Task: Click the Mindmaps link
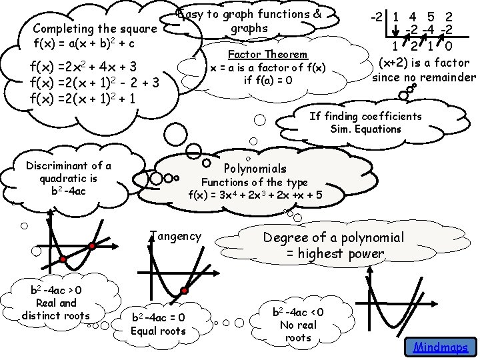pyautogui.click(x=440, y=347)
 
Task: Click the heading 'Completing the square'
pyautogui.click(x=95, y=29)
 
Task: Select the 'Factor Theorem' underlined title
pyautogui.click(x=267, y=54)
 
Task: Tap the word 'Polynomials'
pyautogui.click(x=255, y=169)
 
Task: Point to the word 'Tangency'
pyautogui.click(x=175, y=235)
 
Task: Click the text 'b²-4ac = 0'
pyautogui.click(x=159, y=317)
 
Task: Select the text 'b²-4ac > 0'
pyautogui.click(x=57, y=290)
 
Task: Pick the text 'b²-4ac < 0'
pyautogui.click(x=299, y=312)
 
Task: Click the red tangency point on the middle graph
pyautogui.click(x=184, y=291)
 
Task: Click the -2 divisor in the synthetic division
pyautogui.click(x=381, y=15)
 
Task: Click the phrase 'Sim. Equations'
pyautogui.click(x=365, y=129)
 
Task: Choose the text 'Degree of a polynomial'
pyautogui.click(x=333, y=237)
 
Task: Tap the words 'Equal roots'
pyautogui.click(x=158, y=331)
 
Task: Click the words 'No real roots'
pyautogui.click(x=298, y=331)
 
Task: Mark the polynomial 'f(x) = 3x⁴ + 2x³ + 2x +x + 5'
pyautogui.click(x=255, y=195)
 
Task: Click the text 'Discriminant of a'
pyautogui.click(x=69, y=166)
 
